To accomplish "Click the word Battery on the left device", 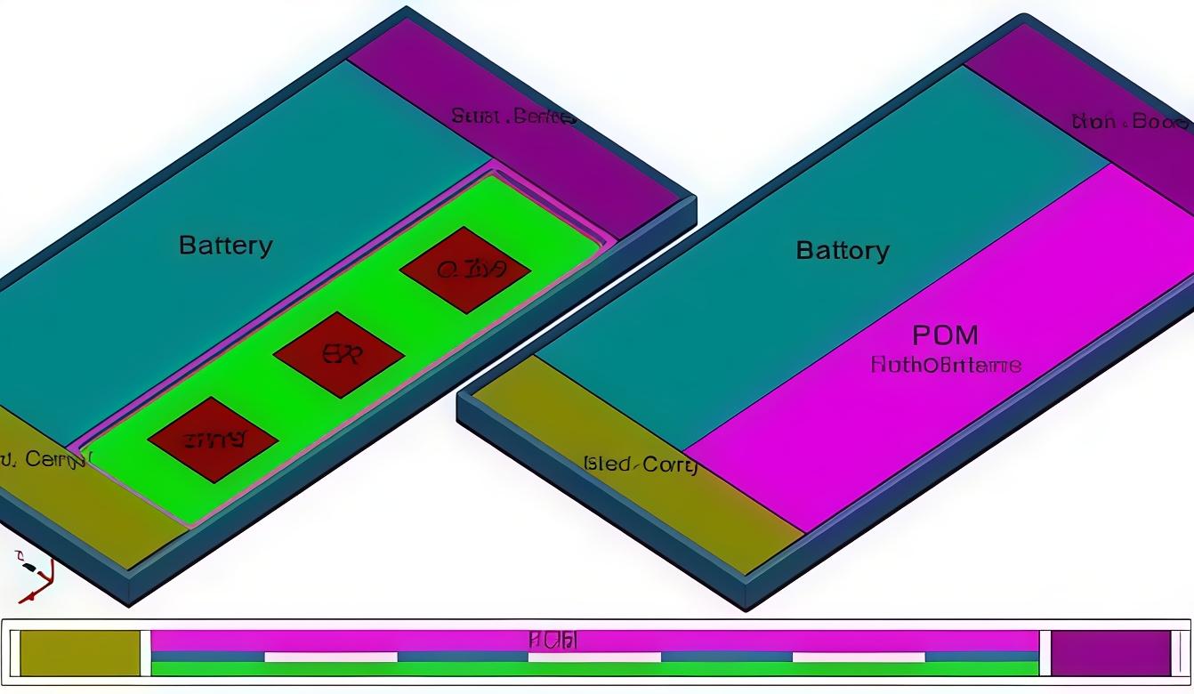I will click(226, 245).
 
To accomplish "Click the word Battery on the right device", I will click(842, 250).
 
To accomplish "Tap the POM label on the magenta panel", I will click(945, 335).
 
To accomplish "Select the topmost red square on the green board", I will click(465, 269).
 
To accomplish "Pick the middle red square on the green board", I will click(339, 354).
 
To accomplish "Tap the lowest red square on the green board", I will click(214, 440).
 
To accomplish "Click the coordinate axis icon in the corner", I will click(34, 575).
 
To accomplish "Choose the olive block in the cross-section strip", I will click(80, 653).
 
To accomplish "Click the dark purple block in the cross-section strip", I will click(1110, 653).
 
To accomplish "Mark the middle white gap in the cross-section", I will click(594, 657).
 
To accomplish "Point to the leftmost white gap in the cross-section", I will click(331, 657).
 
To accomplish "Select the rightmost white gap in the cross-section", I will click(859, 657).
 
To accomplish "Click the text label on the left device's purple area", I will click(512, 117).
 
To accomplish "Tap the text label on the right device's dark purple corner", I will click(1130, 122).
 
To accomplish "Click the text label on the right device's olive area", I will click(640, 464).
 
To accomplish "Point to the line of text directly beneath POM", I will click(945, 364).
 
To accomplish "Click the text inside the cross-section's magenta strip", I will click(553, 640).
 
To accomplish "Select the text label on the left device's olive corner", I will click(44, 459).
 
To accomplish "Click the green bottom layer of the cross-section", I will click(594, 669).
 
